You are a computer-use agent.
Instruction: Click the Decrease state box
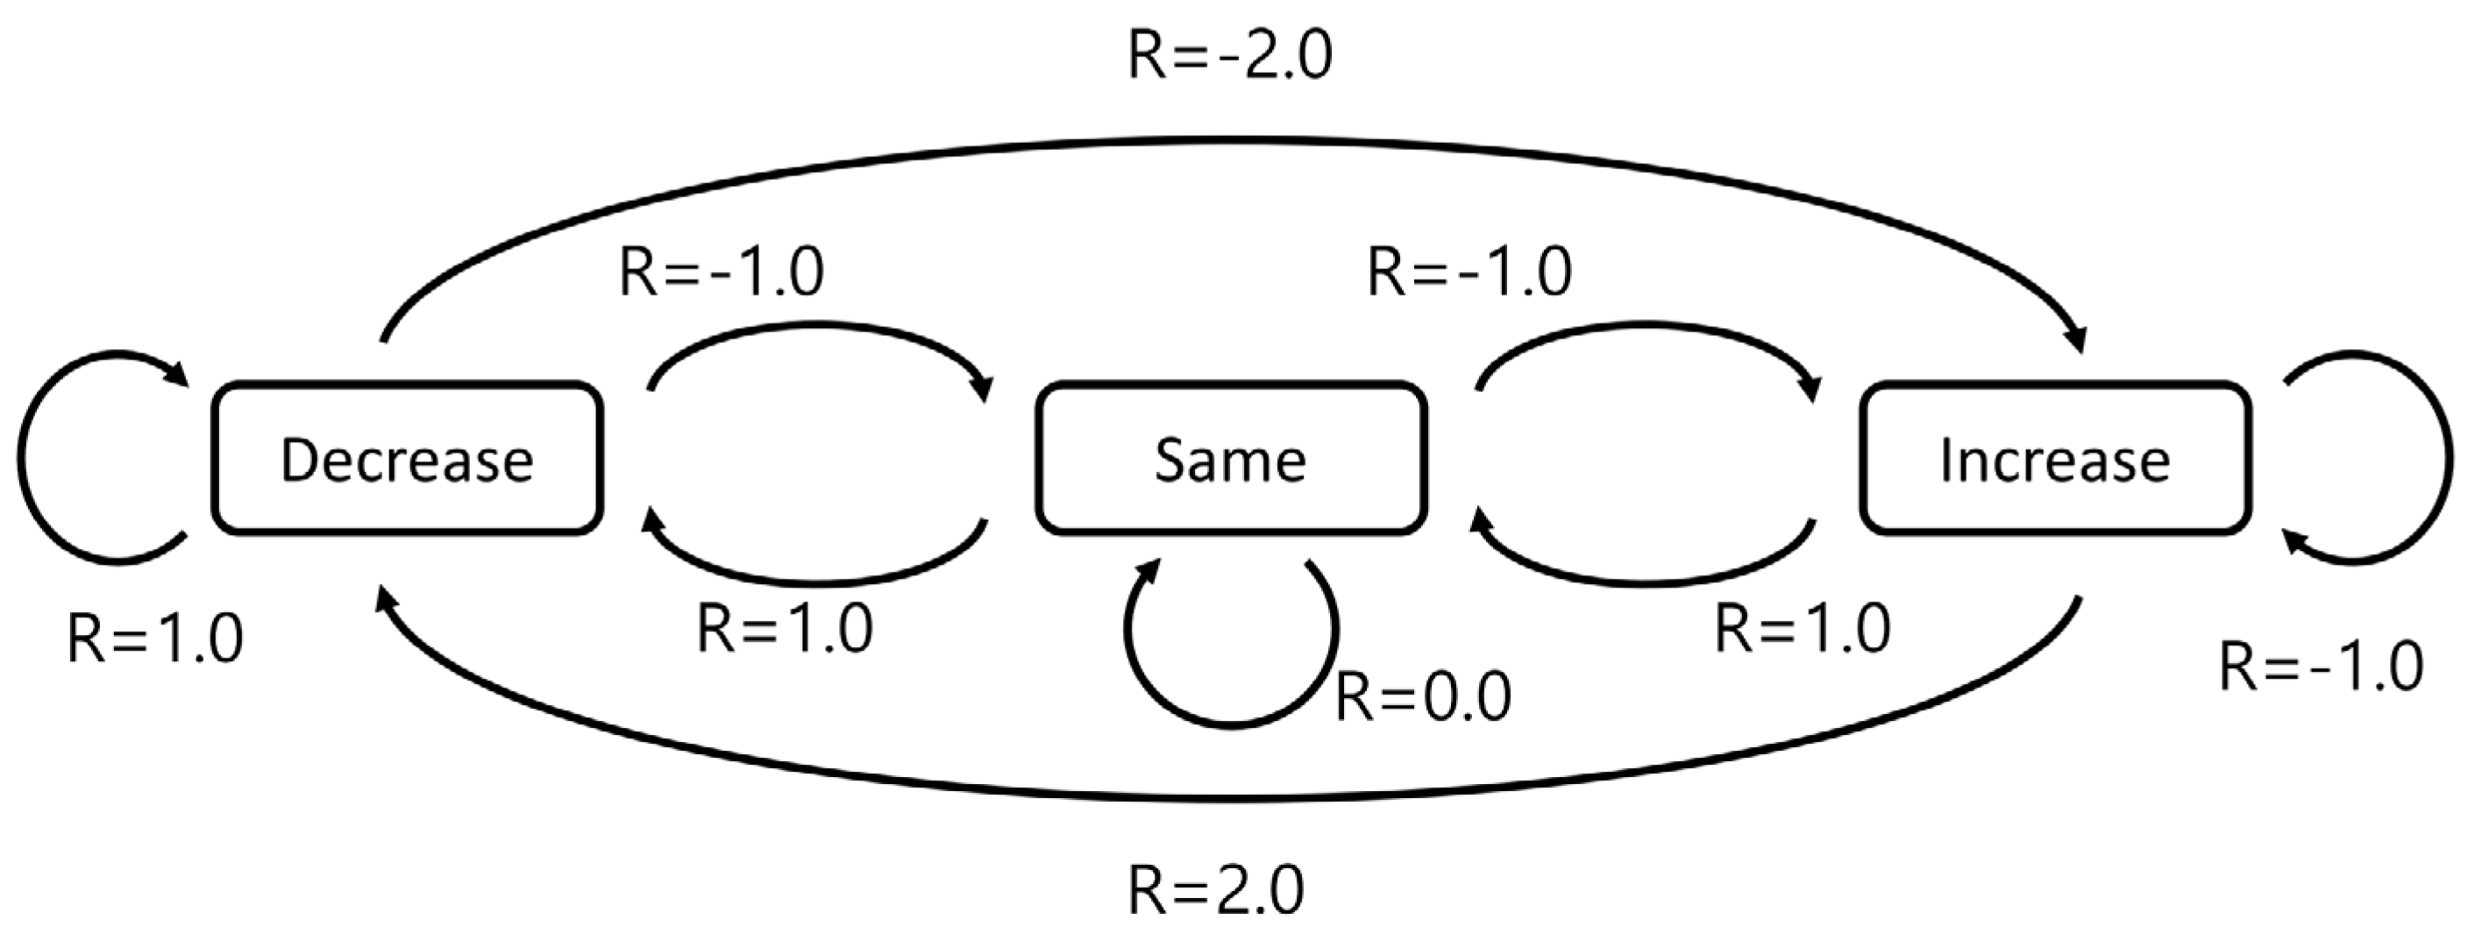tap(408, 459)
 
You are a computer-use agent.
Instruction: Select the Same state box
tap(1230, 459)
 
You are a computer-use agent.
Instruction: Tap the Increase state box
tap(2054, 459)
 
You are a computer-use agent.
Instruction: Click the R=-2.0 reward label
tap(1230, 56)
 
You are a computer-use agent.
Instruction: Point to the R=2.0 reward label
tap(1216, 890)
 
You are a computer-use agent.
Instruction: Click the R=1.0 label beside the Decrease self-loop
tap(156, 639)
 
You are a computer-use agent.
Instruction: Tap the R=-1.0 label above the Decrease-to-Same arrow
tap(722, 272)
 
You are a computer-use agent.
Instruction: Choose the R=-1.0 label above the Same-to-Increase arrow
tap(1469, 272)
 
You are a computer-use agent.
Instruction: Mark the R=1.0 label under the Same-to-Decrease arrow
tap(785, 630)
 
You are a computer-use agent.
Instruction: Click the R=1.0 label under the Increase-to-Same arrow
tap(1803, 630)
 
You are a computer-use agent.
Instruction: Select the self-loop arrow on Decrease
tap(21, 459)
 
